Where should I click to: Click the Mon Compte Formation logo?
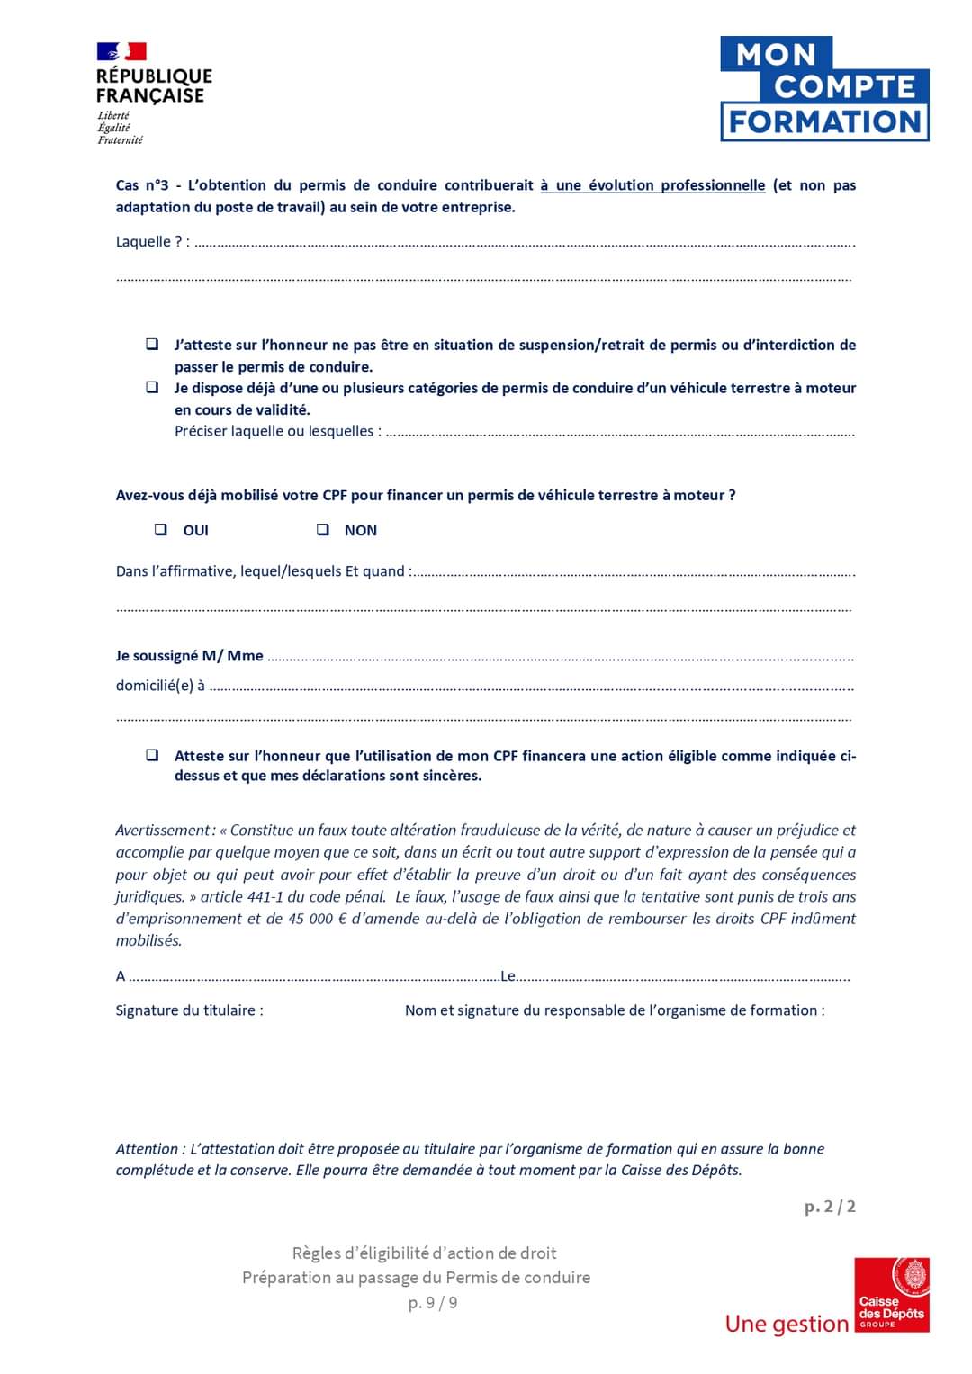click(x=823, y=89)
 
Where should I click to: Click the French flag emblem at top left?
click(x=121, y=52)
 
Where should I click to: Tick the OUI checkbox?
click(x=161, y=530)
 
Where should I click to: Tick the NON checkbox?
click(x=323, y=530)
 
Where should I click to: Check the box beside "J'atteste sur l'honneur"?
click(x=153, y=345)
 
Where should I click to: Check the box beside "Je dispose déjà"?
click(x=153, y=388)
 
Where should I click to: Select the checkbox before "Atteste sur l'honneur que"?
click(x=153, y=755)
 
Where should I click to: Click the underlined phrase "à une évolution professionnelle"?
click(x=652, y=185)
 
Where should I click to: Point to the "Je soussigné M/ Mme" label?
click(x=189, y=656)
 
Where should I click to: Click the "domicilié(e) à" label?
click(x=160, y=686)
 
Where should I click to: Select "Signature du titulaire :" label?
click(x=189, y=1010)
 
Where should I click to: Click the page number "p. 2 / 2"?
click(x=830, y=1207)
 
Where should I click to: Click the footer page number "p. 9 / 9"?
click(x=433, y=1303)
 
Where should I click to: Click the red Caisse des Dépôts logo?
click(x=891, y=1295)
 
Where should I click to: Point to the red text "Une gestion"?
click(x=787, y=1324)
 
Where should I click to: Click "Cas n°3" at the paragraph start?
click(x=142, y=185)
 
